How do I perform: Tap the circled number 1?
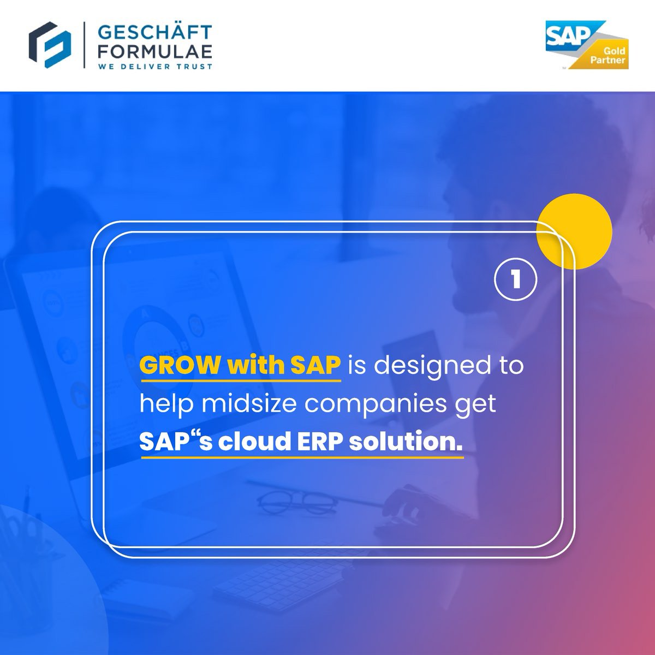(x=515, y=279)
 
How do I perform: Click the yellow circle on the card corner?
(x=574, y=231)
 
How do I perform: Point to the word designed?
(x=427, y=365)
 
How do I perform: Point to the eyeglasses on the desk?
(x=289, y=499)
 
